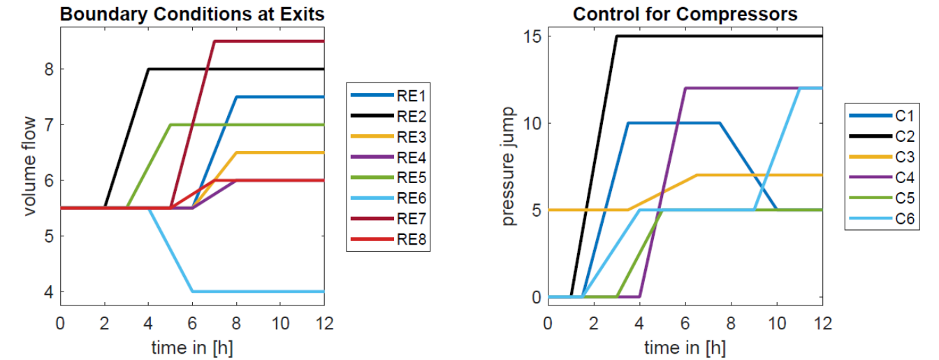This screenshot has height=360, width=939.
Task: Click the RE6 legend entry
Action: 388,199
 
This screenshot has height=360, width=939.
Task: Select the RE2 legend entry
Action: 388,116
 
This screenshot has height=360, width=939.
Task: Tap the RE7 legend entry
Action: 388,219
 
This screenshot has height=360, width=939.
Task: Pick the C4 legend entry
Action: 882,178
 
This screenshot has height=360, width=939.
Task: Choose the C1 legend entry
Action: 882,116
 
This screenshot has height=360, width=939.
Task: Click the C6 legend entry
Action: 882,219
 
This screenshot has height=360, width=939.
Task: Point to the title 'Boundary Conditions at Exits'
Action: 192,14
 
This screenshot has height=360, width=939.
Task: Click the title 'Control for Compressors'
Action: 685,14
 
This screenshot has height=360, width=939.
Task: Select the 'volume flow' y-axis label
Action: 29,166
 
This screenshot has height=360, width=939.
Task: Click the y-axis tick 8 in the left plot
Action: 49,69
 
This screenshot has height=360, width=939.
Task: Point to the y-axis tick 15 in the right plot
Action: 532,36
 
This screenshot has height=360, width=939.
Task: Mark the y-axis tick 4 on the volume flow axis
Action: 49,292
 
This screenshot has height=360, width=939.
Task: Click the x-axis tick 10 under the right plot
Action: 777,324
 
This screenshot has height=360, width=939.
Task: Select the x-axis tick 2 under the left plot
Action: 104,324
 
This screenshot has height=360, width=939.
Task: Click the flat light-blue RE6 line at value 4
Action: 259,291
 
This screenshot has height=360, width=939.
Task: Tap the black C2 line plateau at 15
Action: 720,36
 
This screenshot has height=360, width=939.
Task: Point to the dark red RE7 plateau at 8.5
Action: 269,41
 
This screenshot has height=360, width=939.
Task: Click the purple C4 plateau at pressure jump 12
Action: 743,88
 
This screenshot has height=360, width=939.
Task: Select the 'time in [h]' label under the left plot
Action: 192,348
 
